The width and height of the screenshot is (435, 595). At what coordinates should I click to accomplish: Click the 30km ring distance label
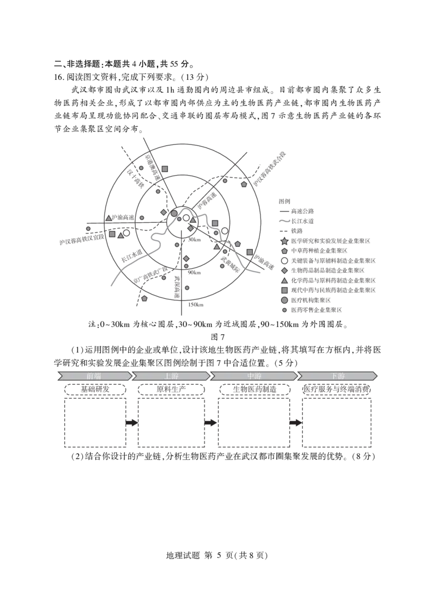(x=194, y=240)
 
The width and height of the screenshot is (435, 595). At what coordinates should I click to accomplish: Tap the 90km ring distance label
(x=194, y=273)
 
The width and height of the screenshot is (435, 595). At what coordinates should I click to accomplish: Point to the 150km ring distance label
(x=196, y=304)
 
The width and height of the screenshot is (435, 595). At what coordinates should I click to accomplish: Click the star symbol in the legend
(x=284, y=241)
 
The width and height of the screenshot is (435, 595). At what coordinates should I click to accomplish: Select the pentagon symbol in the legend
(x=284, y=251)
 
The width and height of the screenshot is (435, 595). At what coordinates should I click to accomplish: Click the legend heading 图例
(x=284, y=202)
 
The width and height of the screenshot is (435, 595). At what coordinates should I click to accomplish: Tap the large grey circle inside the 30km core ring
(x=174, y=213)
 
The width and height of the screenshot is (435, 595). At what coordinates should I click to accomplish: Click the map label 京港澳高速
(x=152, y=168)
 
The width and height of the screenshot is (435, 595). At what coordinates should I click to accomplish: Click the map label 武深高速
(x=177, y=287)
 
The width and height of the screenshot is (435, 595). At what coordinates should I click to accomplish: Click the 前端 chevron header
(x=95, y=376)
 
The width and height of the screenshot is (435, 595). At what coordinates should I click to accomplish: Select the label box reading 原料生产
(x=171, y=389)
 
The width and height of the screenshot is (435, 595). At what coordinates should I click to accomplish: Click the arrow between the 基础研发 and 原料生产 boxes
(x=132, y=423)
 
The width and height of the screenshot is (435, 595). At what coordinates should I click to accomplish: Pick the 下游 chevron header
(x=338, y=376)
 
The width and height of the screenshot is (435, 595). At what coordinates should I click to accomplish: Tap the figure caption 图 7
(x=217, y=337)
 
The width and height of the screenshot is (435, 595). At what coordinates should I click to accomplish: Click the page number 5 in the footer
(x=219, y=555)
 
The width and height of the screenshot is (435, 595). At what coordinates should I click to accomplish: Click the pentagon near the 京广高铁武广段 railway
(x=144, y=298)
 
